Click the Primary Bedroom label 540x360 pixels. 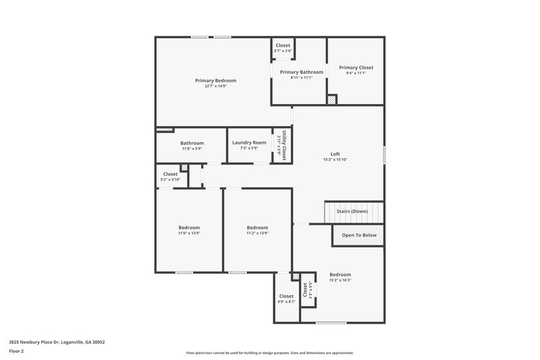(x=215, y=80)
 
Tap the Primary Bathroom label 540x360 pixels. (x=302, y=72)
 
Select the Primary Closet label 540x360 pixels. (x=356, y=68)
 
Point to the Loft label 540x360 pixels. (x=335, y=154)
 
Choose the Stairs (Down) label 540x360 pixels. (x=353, y=212)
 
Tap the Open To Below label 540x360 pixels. (x=358, y=235)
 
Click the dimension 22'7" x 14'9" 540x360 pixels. (x=215, y=86)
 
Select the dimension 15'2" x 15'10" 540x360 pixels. (x=335, y=160)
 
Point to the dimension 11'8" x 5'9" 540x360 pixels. (x=192, y=149)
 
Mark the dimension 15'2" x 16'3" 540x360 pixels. (x=340, y=280)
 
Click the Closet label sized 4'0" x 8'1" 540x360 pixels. (x=286, y=296)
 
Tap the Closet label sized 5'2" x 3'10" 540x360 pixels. (x=170, y=174)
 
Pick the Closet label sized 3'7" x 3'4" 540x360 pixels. (x=283, y=45)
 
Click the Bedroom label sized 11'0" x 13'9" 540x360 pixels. (x=189, y=228)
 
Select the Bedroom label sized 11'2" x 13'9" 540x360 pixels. (x=257, y=228)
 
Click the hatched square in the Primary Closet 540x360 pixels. (x=331, y=99)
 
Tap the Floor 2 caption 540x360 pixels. (x=17, y=352)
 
